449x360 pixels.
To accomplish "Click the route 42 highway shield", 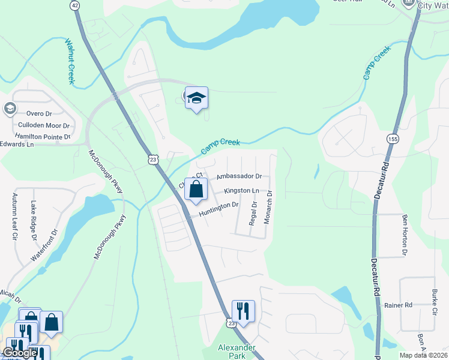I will click(74, 5).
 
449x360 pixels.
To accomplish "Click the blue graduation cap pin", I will click(196, 98).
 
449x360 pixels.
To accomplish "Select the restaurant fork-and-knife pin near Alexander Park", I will click(243, 311).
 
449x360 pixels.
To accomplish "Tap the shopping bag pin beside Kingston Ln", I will click(196, 190).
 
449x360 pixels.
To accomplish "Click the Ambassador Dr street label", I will click(240, 176).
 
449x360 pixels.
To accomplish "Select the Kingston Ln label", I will click(241, 191).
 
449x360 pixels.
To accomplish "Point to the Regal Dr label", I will click(254, 214).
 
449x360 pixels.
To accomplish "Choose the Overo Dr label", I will click(40, 113).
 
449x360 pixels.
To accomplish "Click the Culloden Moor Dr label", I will click(44, 125).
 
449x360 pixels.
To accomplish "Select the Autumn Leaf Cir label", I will click(14, 217).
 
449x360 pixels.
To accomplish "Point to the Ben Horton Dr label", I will click(405, 235).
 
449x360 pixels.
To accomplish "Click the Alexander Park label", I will click(237, 352).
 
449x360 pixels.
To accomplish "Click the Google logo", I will click(20, 353).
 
